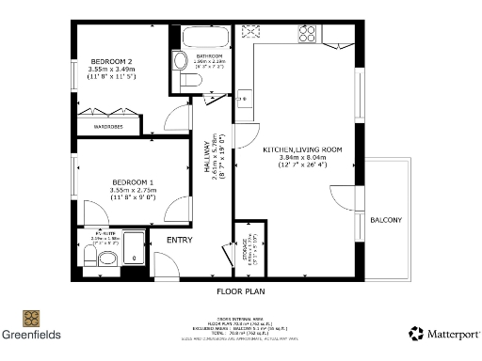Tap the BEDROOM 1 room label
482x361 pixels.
[x=132, y=180]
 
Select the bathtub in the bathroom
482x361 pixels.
[x=204, y=39]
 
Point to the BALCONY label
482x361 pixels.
[x=386, y=220]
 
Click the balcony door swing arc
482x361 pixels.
[x=340, y=196]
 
